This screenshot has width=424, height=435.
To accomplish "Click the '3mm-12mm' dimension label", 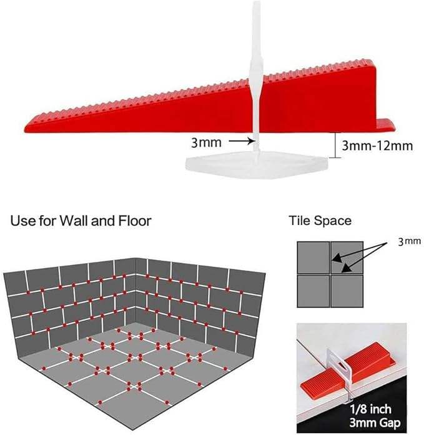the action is click(377, 146).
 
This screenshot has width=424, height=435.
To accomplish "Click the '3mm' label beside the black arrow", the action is click(207, 142).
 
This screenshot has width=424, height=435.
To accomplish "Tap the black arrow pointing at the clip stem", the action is click(242, 141).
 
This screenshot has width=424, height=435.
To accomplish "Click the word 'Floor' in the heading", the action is click(135, 221).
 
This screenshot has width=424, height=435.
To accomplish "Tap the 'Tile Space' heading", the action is click(320, 221).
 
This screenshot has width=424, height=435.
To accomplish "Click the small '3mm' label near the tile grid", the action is click(409, 241).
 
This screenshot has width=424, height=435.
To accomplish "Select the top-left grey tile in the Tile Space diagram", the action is click(313, 257).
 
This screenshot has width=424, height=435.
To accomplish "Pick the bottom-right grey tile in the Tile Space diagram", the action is click(347, 291).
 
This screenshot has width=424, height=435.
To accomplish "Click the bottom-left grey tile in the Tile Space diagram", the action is click(313, 291).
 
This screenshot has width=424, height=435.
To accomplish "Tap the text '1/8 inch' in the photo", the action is click(370, 409).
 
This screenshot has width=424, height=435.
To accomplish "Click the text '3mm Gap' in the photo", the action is click(375, 423).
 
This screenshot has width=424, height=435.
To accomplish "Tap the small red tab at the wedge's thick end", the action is click(386, 126).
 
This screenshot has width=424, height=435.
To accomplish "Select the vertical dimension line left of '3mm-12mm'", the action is click(335, 146).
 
